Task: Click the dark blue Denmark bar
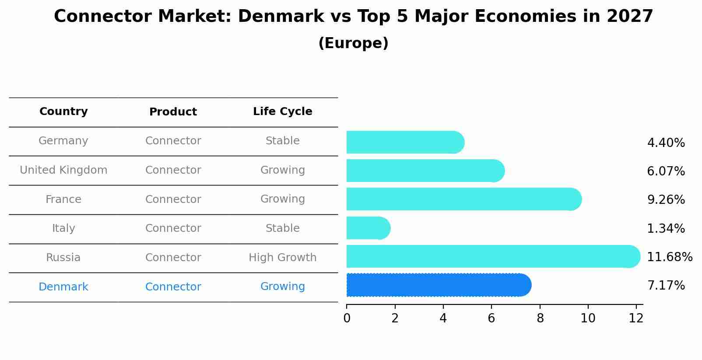tap(438, 285)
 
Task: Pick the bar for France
tap(463, 199)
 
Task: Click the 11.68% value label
tap(669, 257)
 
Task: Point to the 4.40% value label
tap(666, 143)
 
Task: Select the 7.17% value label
tap(666, 286)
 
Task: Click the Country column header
tap(63, 112)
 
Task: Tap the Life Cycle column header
tap(282, 112)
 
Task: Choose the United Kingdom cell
tap(63, 170)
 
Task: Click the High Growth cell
tap(282, 258)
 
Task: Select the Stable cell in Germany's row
tap(282, 141)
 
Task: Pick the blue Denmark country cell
tap(63, 287)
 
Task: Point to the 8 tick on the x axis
tap(540, 318)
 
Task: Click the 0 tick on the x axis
tap(347, 318)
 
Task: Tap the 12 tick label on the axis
tap(636, 318)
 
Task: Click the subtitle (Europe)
tap(353, 43)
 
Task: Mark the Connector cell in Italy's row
tap(173, 228)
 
